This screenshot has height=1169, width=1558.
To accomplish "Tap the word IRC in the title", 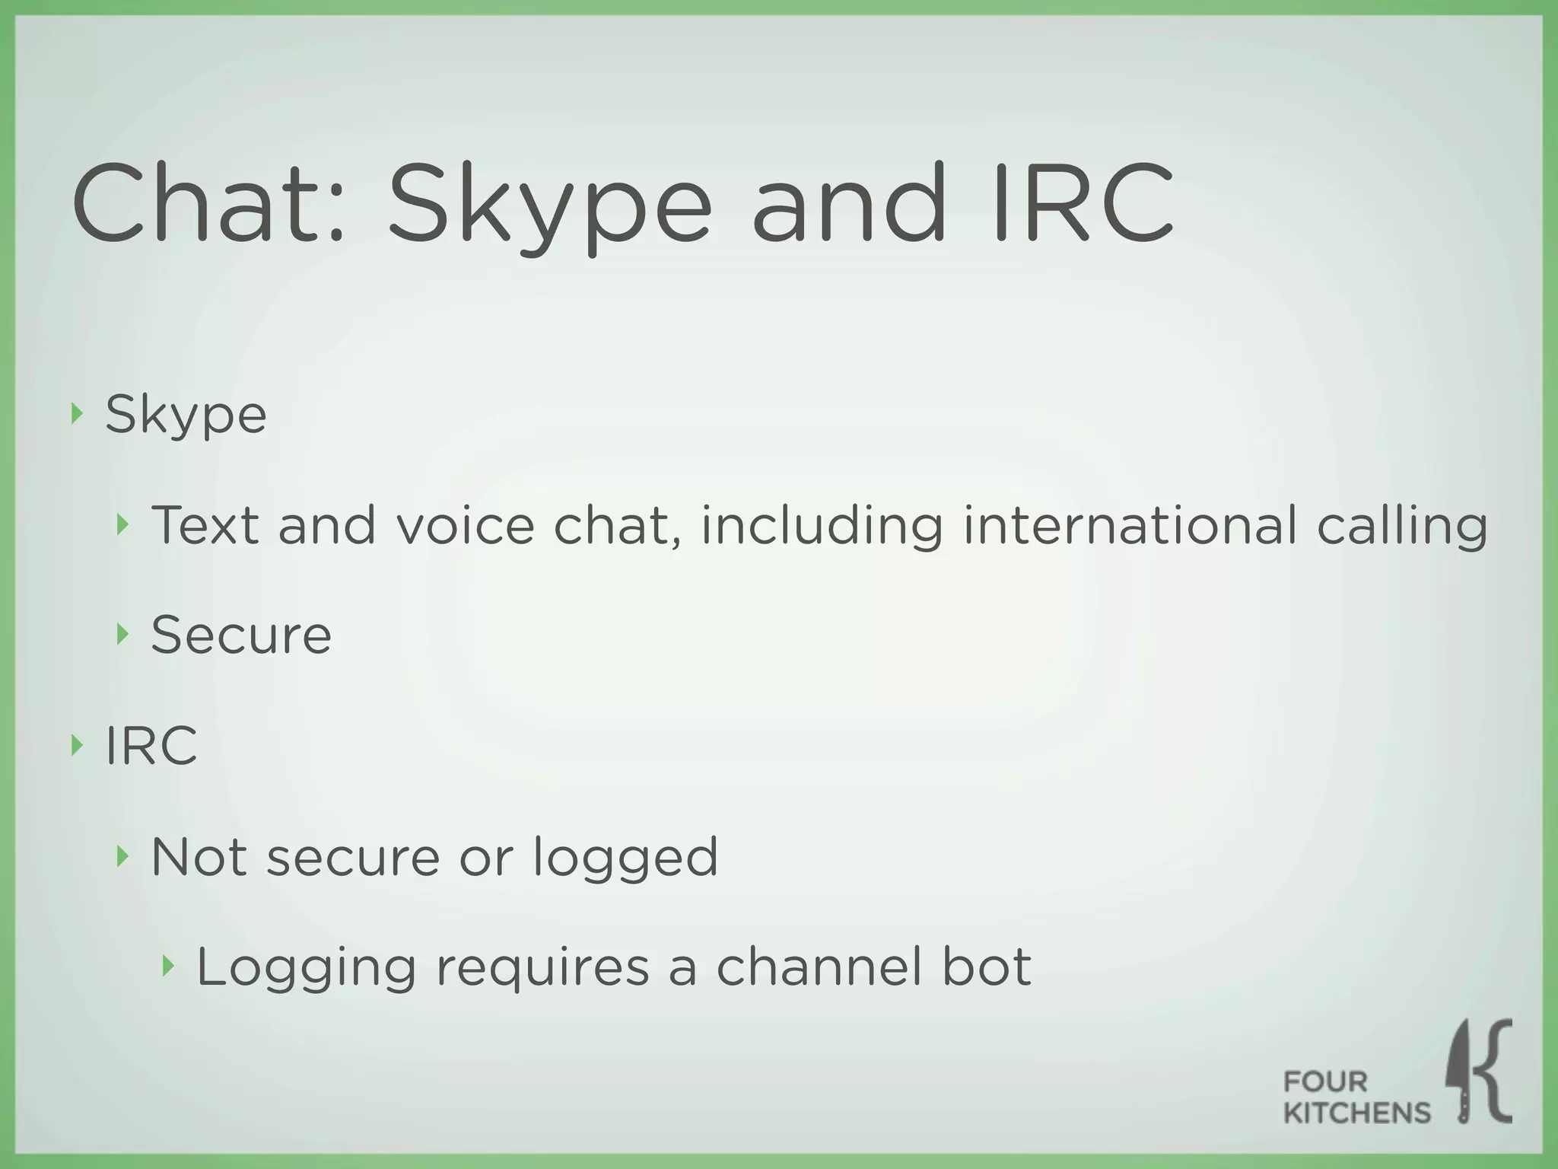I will click(x=1083, y=203).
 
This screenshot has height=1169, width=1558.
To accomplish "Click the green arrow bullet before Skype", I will click(x=75, y=414).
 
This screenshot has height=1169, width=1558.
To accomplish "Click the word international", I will click(x=1130, y=524).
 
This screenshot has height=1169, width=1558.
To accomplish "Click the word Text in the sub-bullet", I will click(x=205, y=524).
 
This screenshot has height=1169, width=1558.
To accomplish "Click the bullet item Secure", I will click(x=241, y=635).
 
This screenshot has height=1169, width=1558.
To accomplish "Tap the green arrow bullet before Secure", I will click(x=122, y=633).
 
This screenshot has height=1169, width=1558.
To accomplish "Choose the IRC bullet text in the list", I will click(x=151, y=745).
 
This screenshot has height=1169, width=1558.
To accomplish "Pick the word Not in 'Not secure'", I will click(x=199, y=856).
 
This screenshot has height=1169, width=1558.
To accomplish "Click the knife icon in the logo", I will click(x=1460, y=1070).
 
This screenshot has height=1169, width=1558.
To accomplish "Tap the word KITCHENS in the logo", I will click(x=1356, y=1113).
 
